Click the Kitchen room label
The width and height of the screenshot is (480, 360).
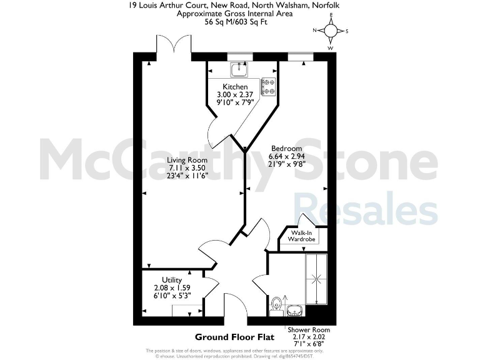tap(235, 87)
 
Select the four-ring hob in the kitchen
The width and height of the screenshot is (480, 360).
tap(269, 86)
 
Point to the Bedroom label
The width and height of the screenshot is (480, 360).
tap(286, 148)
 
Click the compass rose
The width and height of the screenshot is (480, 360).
tap(331, 31)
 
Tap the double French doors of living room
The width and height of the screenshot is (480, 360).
tap(173, 47)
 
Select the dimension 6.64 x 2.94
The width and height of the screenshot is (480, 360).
tap(286, 156)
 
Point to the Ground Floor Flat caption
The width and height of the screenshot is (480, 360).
tap(232, 336)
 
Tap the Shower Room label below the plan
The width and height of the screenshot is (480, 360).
tap(309, 329)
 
